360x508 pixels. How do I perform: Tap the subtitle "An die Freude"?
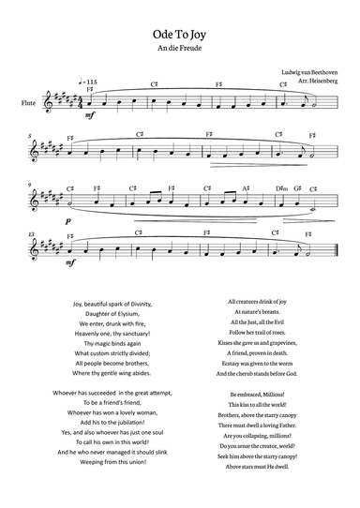tap(180, 47)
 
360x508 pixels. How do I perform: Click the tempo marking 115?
tap(91, 83)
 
